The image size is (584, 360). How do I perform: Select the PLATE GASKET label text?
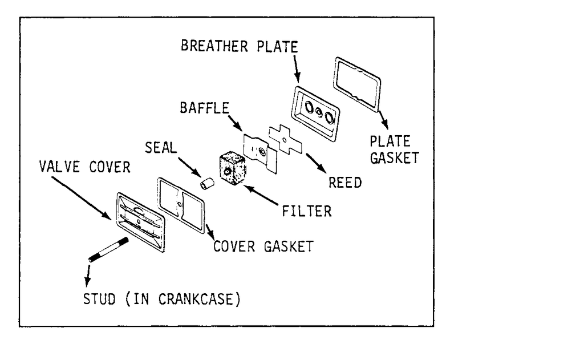tap(394, 149)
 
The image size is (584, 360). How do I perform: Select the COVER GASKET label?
tap(262, 246)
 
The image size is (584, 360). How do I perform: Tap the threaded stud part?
tap(108, 250)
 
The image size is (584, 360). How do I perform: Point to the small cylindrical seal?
tap(206, 184)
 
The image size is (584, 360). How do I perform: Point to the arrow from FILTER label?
tap(263, 193)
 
